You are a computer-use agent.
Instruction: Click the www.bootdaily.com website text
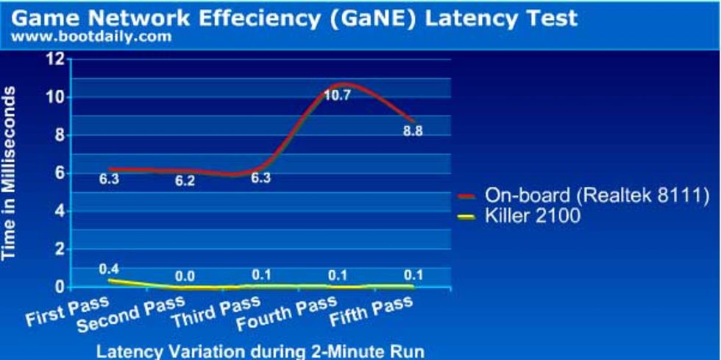pos(91,35)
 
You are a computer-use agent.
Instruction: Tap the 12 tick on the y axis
pos(55,59)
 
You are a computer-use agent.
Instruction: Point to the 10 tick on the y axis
pos(55,97)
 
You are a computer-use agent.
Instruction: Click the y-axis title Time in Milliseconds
pos(11,172)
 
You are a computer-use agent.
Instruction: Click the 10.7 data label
pos(338,94)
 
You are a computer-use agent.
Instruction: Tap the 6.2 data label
pos(185,181)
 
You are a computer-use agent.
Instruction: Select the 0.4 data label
pos(109,269)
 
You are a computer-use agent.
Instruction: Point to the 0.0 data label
pos(185,277)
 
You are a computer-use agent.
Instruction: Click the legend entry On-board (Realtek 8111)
pos(597,195)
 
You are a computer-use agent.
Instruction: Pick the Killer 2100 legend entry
pos(533,216)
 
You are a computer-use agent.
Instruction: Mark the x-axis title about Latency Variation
pos(261,350)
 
